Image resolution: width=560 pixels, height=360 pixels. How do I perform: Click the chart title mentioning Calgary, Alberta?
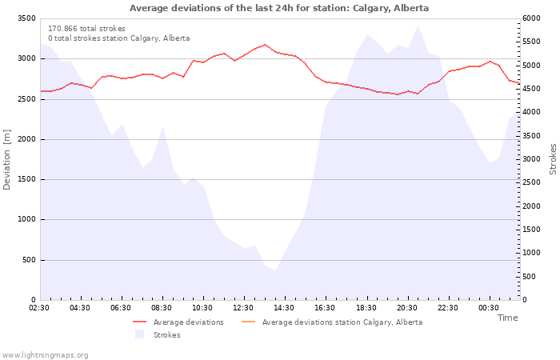point(279,8)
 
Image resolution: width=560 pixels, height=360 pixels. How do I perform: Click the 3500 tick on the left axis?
point(26,18)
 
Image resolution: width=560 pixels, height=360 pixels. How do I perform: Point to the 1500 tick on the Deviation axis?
point(26,179)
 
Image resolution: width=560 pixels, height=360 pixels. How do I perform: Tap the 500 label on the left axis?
point(29,260)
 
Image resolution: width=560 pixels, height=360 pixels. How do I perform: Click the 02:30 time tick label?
point(39,308)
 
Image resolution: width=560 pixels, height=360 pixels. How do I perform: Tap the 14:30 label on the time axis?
point(284,308)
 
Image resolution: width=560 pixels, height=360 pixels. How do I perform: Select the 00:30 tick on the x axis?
point(488,308)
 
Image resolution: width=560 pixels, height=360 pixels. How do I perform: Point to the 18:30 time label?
point(366,308)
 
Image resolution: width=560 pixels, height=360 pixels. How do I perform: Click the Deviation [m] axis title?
point(7,160)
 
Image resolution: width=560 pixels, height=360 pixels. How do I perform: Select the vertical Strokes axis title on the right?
point(553,159)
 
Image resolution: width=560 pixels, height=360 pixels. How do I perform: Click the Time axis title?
point(507,318)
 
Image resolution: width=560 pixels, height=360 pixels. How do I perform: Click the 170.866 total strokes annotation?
point(86,29)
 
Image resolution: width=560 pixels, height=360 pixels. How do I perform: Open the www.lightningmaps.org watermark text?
point(45,354)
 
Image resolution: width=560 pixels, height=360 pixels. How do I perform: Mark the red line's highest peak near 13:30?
point(266,45)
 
